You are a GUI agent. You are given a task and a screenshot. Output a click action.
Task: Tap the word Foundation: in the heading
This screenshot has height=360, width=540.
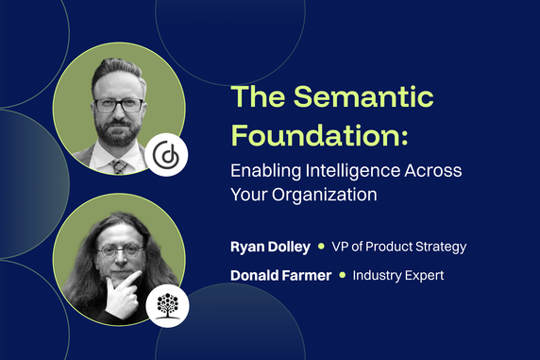pos(320,136)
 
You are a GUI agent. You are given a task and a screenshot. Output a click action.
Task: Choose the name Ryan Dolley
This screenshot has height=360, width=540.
pos(271,247)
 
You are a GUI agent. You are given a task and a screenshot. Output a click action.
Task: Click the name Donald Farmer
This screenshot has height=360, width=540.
pos(281,276)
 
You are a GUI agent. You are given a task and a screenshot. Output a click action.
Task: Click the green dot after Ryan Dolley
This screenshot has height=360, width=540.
pos(321,247)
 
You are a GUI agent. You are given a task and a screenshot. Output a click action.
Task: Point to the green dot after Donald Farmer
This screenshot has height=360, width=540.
pos(342,276)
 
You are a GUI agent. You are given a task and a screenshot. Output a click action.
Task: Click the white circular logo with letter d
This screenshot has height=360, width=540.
pos(167,155)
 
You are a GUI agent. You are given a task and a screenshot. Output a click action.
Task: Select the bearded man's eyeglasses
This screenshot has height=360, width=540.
pos(119,105)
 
